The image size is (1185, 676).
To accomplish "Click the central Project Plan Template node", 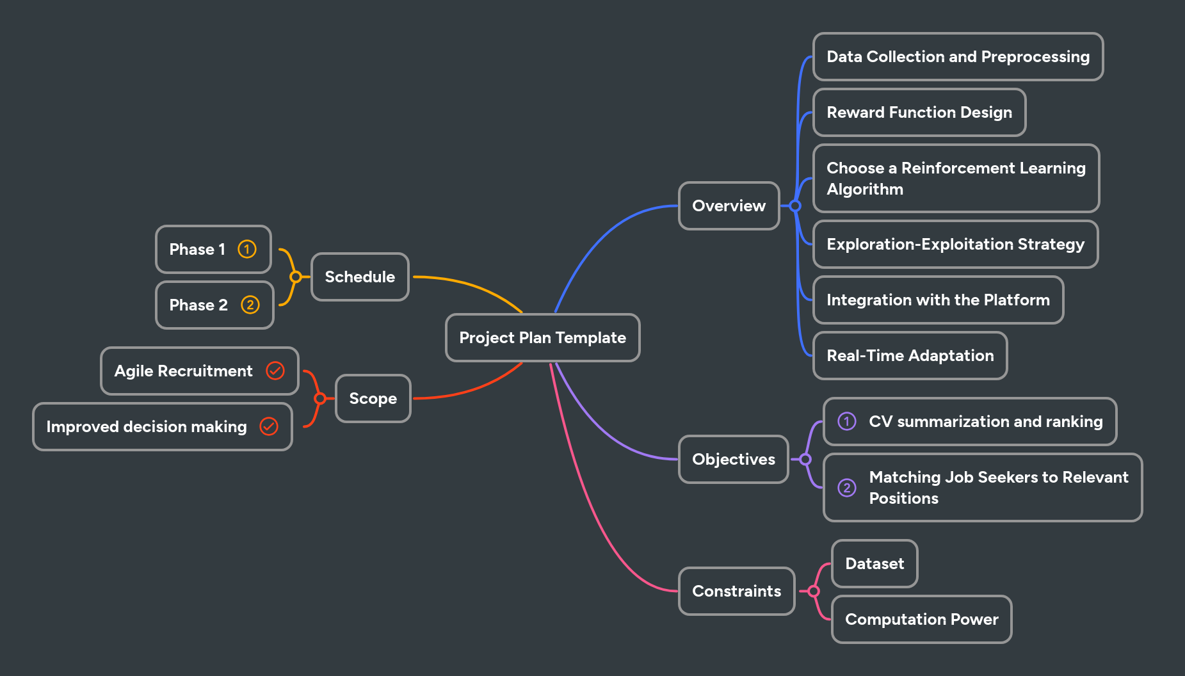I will pyautogui.click(x=542, y=337).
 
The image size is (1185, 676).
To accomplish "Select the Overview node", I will pyautogui.click(x=729, y=205).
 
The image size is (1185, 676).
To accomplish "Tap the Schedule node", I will pyautogui.click(x=360, y=277).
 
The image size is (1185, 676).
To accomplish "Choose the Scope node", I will pyautogui.click(x=373, y=398).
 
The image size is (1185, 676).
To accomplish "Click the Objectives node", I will pyautogui.click(x=733, y=459).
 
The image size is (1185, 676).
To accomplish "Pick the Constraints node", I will pyautogui.click(x=736, y=591).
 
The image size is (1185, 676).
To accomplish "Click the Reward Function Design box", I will pyautogui.click(x=919, y=112).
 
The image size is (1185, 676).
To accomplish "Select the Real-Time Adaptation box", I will pyautogui.click(x=910, y=355).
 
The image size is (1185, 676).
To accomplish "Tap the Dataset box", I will pyautogui.click(x=875, y=563).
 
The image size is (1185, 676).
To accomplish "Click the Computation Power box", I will pyautogui.click(x=921, y=619).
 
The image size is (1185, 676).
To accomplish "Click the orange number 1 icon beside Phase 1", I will pyautogui.click(x=247, y=249).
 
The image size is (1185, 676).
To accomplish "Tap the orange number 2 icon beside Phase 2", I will pyautogui.click(x=250, y=305).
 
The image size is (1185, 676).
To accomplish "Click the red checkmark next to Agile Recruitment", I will pyautogui.click(x=275, y=371).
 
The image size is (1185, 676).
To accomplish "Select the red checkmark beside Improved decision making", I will pyautogui.click(x=269, y=426).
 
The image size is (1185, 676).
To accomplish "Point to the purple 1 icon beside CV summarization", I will pyautogui.click(x=846, y=421).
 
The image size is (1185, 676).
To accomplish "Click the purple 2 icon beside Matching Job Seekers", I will pyautogui.click(x=846, y=488).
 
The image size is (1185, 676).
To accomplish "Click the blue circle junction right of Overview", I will pyautogui.click(x=795, y=205).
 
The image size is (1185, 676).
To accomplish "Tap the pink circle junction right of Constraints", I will pyautogui.click(x=814, y=591).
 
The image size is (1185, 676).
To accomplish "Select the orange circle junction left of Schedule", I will pyautogui.click(x=295, y=277).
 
